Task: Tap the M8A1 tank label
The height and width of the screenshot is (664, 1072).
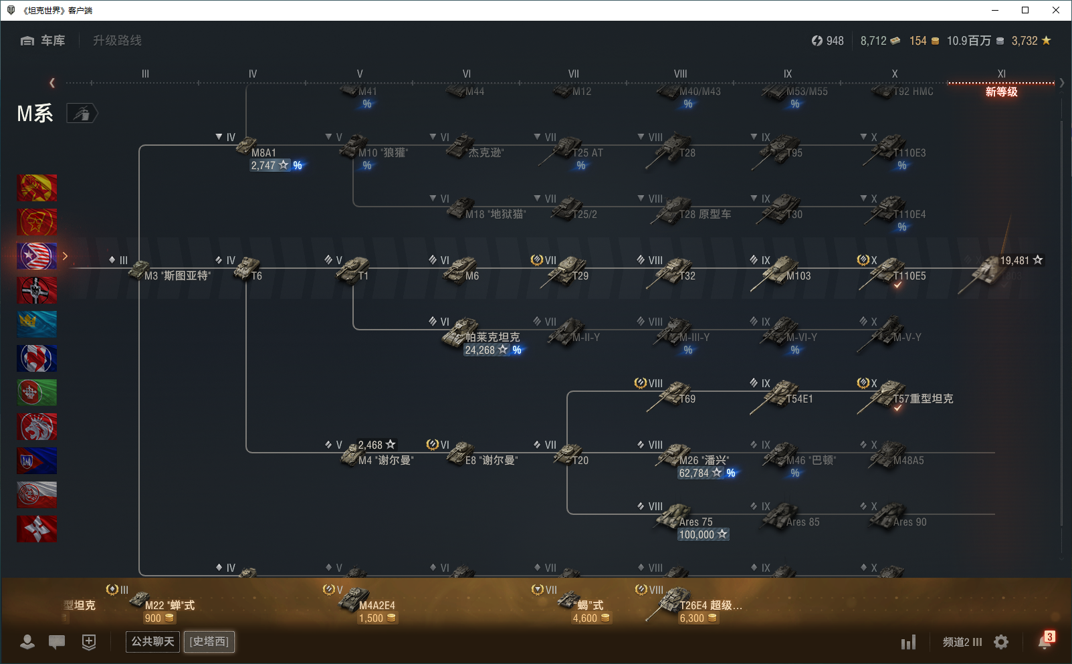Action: pyautogui.click(x=263, y=152)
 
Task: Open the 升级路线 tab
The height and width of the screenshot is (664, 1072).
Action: pyautogui.click(x=117, y=41)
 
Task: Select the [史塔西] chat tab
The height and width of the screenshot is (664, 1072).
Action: pyautogui.click(x=209, y=641)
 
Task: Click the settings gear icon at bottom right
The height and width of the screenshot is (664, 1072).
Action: pyautogui.click(x=1001, y=642)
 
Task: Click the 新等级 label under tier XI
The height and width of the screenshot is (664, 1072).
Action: pyautogui.click(x=1001, y=92)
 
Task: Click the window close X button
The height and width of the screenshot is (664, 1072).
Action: pyautogui.click(x=1056, y=10)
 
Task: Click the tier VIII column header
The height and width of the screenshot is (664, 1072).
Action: pyautogui.click(x=680, y=74)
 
